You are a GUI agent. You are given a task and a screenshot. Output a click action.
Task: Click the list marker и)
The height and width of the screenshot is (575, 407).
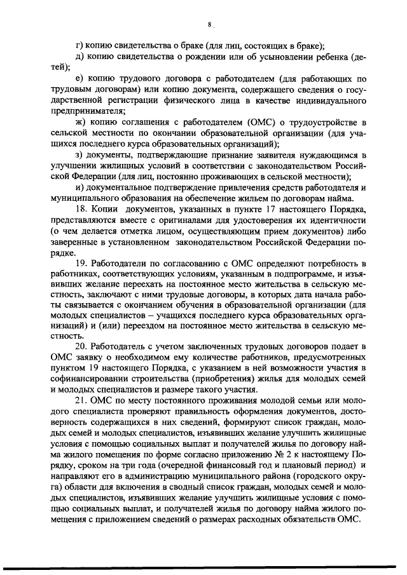[x=79, y=187]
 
